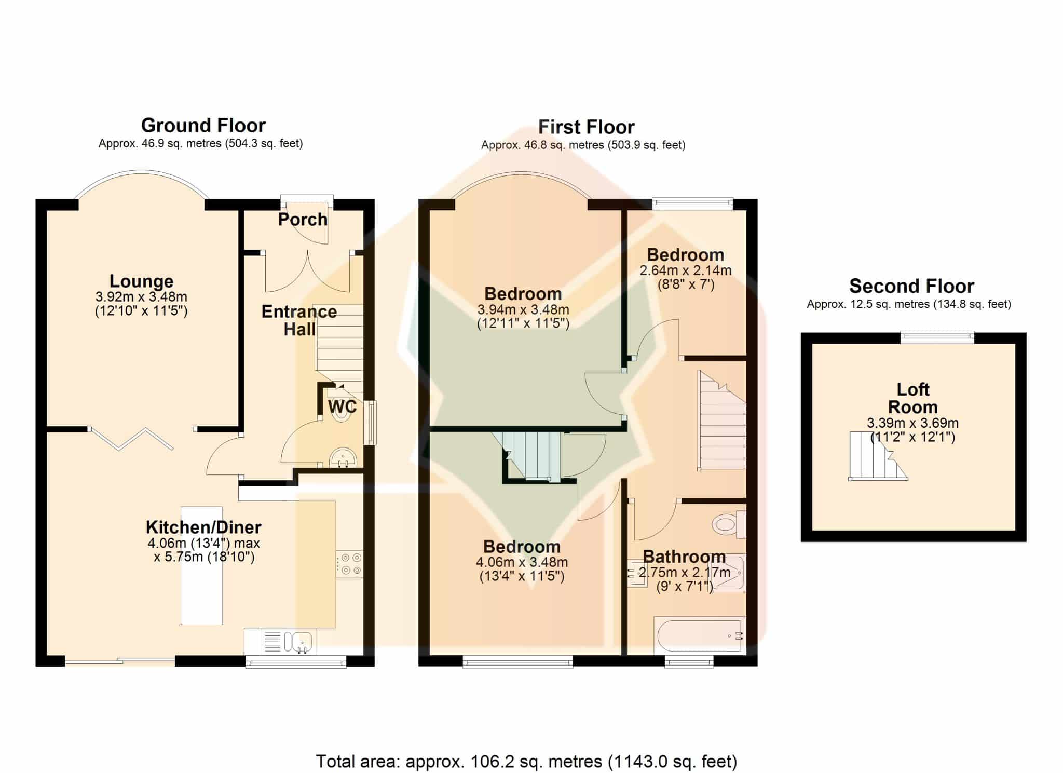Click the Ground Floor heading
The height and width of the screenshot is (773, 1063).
click(203, 126)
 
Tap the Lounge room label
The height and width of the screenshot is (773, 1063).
click(141, 281)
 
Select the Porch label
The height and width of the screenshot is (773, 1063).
click(303, 220)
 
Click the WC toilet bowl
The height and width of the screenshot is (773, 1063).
click(340, 412)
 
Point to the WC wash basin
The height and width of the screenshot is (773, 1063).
click(343, 457)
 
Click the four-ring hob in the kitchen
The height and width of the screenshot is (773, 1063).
click(349, 565)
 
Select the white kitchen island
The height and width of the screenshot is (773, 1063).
click(202, 565)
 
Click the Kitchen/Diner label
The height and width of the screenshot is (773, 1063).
click(203, 527)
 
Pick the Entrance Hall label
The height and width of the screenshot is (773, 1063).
click(299, 320)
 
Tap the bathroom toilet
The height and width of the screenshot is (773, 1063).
click(729, 524)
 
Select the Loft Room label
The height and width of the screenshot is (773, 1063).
click(913, 398)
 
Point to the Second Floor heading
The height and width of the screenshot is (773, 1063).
click(912, 287)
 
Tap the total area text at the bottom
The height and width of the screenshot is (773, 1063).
click(526, 762)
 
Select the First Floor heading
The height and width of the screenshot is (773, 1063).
click(587, 127)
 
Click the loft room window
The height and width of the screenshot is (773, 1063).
click(937, 338)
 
